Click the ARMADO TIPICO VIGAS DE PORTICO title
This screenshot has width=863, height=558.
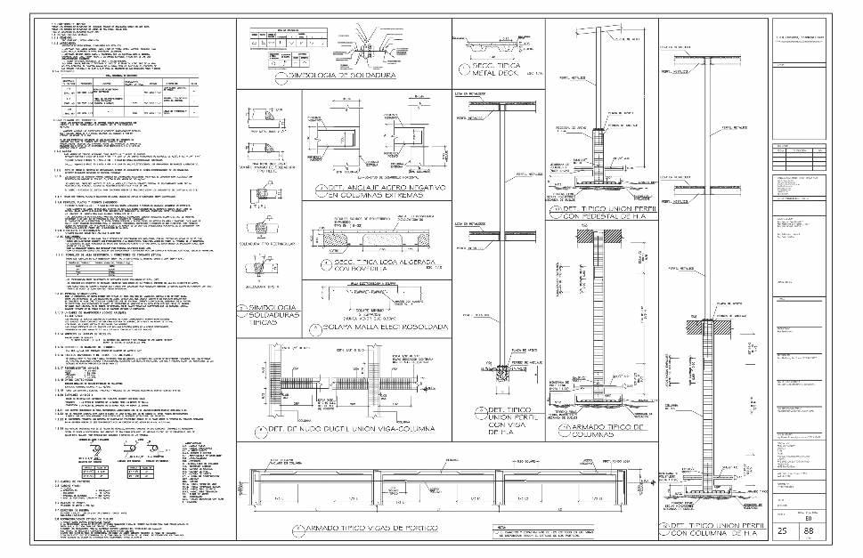(370, 529)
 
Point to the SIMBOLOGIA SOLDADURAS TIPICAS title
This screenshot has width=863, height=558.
(267, 315)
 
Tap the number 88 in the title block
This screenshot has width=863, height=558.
(810, 531)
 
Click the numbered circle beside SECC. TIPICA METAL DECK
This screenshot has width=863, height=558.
(462, 69)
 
